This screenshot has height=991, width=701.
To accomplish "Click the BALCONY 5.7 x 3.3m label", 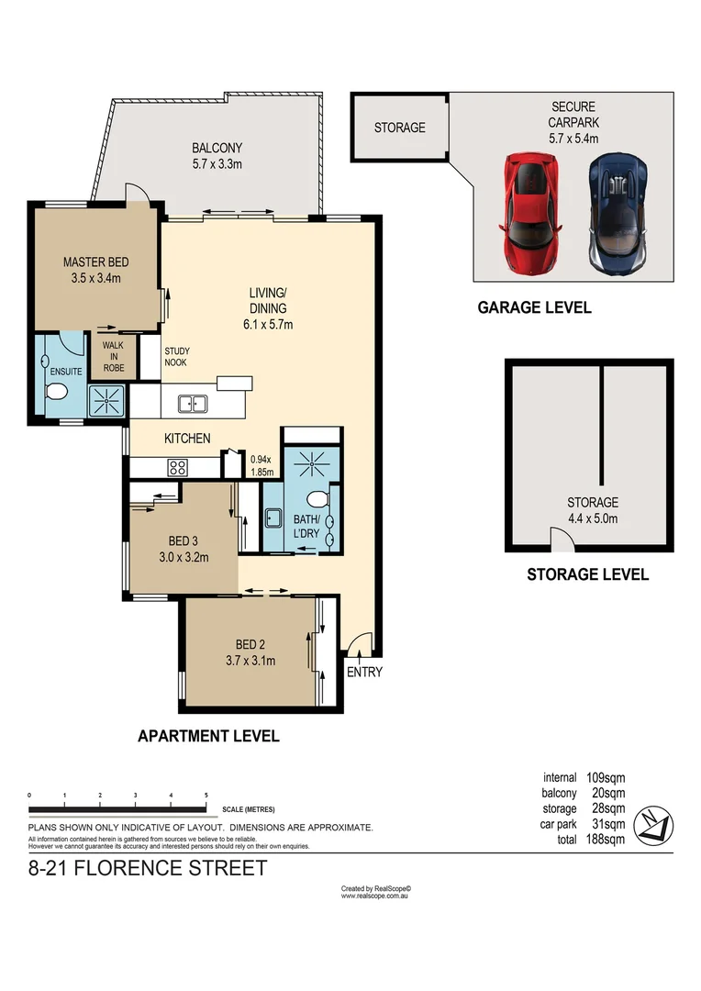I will [217, 156].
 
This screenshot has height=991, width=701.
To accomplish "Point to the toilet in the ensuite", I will [55, 394].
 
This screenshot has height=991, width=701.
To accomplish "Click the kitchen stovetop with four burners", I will [177, 467].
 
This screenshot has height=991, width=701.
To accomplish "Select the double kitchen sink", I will [193, 402].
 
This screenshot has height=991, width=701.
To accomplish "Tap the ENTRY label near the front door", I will [364, 672].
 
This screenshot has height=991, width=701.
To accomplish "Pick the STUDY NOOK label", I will [176, 356].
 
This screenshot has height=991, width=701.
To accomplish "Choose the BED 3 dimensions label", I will [183, 556].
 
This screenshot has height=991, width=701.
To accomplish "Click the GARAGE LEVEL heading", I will [534, 307].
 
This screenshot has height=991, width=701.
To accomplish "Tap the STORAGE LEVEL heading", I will [587, 574].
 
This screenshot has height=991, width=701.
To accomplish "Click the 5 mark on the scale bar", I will [206, 795].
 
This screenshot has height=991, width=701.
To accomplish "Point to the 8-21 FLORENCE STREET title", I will [149, 868].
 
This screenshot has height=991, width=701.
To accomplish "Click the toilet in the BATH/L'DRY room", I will [316, 499].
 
